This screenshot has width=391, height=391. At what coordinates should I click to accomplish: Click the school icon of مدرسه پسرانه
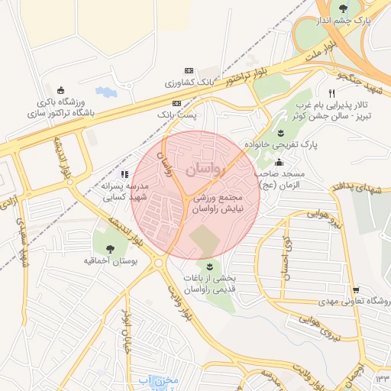tap(125, 174)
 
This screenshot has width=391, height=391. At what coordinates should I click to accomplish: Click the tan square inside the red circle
tap(204, 241)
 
